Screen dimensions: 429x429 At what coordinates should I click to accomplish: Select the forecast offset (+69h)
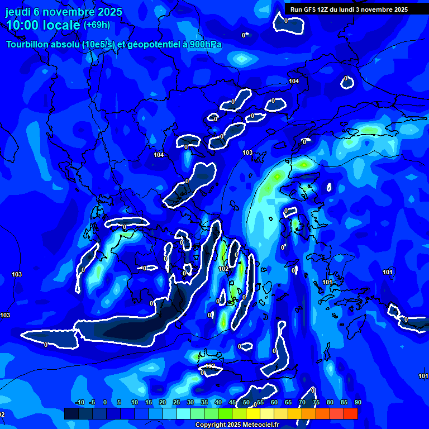pyautogui.click(x=97, y=25)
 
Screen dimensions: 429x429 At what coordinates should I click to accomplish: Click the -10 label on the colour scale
pyautogui.click(x=79, y=403)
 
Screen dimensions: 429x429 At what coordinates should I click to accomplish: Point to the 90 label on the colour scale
pyautogui.click(x=357, y=403)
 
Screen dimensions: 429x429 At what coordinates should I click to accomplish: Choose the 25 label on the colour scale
pyautogui.click(x=177, y=403)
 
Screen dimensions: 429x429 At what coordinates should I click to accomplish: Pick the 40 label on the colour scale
pyautogui.click(x=218, y=403)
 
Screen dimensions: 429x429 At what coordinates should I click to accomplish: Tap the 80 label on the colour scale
pyautogui.click(x=330, y=403)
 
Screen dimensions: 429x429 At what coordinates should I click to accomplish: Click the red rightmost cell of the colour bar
pyautogui.click(x=351, y=413)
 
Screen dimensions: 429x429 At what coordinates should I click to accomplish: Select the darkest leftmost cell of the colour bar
pyautogui.click(x=71, y=413)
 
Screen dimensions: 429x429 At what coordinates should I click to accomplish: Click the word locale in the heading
pyautogui.click(x=61, y=25)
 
